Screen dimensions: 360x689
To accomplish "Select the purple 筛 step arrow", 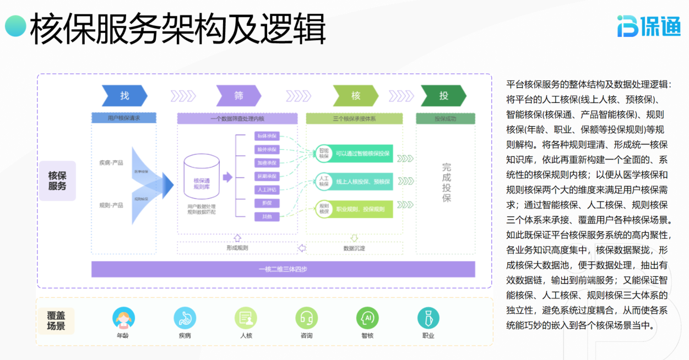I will click(x=238, y=96).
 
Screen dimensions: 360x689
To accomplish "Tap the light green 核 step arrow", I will click(x=355, y=96).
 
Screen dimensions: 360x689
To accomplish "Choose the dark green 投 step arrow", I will click(x=443, y=96).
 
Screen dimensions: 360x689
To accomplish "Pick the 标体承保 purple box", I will click(x=267, y=136).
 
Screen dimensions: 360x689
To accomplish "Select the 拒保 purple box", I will click(x=267, y=203).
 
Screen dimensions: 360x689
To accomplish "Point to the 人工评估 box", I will click(x=267, y=190).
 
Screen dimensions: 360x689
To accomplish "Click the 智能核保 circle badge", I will click(x=323, y=153).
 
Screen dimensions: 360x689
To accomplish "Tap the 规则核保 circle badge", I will click(x=323, y=208).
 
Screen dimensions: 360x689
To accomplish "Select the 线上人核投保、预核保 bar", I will click(x=362, y=181).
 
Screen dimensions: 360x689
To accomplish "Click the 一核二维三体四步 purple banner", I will click(x=283, y=269).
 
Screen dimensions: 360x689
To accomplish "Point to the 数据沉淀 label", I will click(x=354, y=248).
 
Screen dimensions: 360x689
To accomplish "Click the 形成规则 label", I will click(x=237, y=248).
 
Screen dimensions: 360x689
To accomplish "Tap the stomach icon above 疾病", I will click(x=185, y=318).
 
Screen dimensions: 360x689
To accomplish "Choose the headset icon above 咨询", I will click(x=306, y=318).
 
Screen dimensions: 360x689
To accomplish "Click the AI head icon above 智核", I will click(x=367, y=318).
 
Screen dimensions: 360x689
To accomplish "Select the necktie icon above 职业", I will click(x=428, y=318).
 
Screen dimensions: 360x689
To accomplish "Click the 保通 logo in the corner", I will click(x=648, y=26).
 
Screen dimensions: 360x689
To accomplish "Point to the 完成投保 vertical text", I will click(x=446, y=182).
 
